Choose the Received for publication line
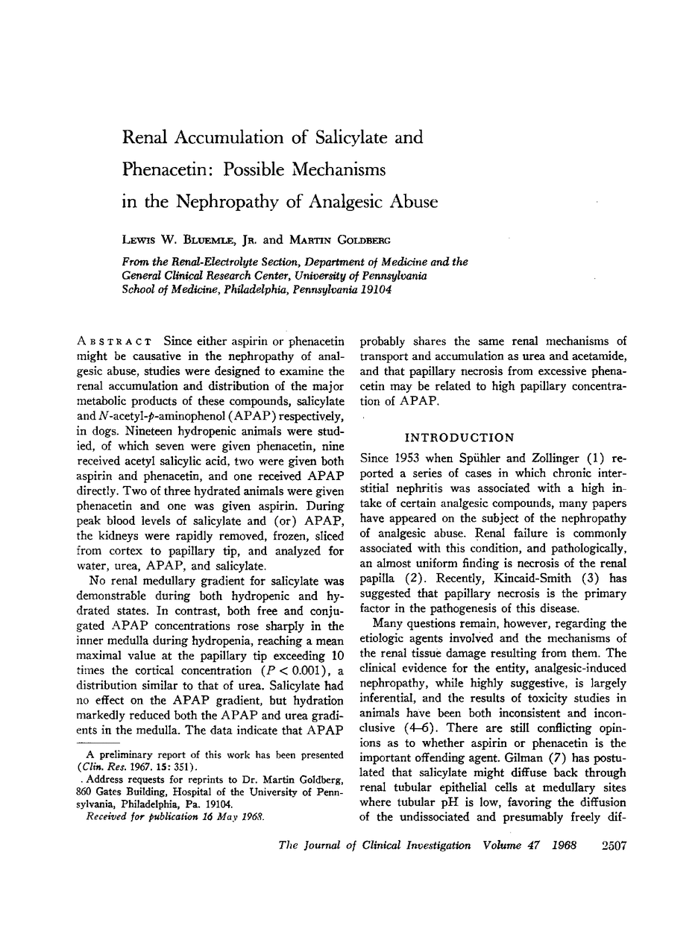click(174, 817)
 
